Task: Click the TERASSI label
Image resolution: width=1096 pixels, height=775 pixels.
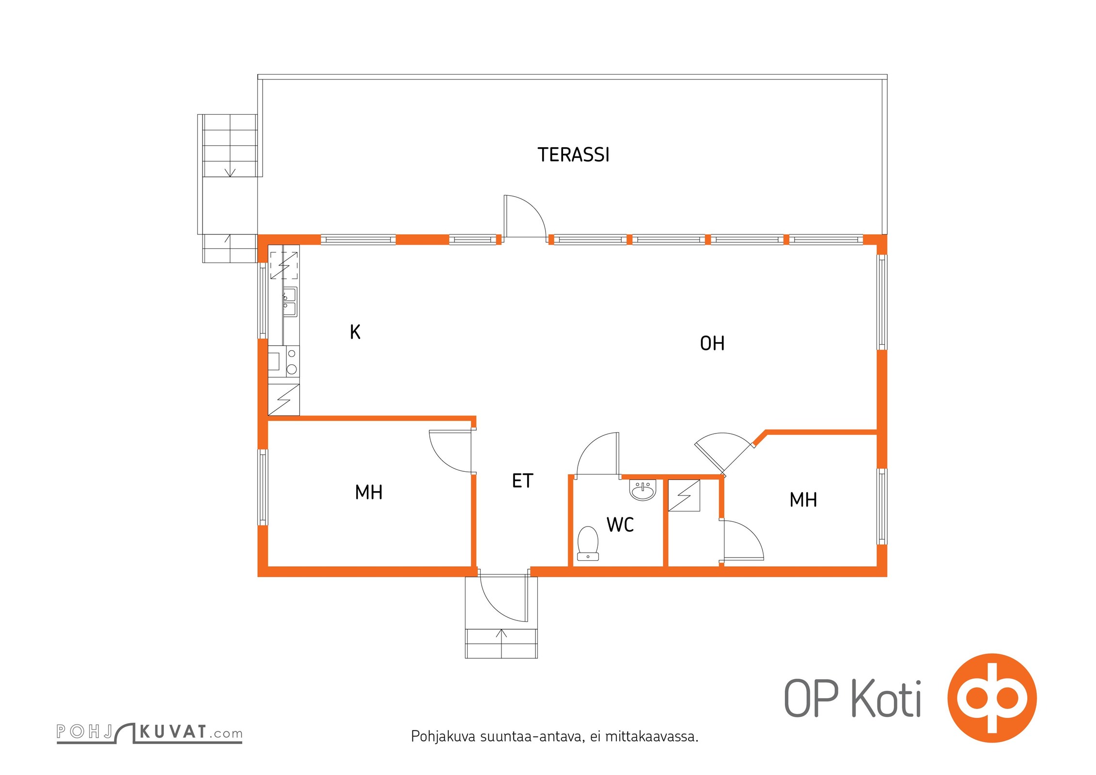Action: tap(573, 155)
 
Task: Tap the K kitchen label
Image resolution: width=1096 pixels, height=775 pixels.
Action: tap(355, 332)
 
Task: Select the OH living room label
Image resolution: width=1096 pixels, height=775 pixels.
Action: tap(712, 343)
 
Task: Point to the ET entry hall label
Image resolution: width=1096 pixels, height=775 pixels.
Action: tap(522, 480)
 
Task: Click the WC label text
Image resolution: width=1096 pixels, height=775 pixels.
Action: tap(620, 525)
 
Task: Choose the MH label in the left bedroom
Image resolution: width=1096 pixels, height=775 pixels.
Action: tap(369, 492)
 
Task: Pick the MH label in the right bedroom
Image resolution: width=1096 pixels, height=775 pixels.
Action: tap(803, 499)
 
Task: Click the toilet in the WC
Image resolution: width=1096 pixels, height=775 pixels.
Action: tap(588, 543)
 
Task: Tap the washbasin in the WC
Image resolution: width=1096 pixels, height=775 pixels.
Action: tap(642, 490)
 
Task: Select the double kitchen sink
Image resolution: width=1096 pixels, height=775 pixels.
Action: tap(290, 302)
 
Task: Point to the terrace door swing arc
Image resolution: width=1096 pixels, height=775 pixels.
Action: tap(533, 208)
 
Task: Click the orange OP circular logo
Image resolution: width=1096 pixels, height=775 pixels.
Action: tap(992, 698)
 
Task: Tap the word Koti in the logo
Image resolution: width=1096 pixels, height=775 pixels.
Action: tap(886, 698)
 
